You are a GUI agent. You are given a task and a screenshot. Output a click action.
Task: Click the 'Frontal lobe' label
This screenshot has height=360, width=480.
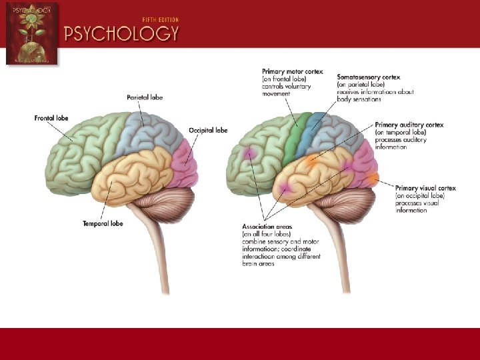pyautogui.click(x=51, y=118)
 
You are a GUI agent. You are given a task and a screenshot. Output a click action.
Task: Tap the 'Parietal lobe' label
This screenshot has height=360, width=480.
pyautogui.click(x=145, y=97)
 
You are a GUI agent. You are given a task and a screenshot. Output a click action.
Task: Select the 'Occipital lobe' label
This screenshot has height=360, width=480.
pyautogui.click(x=208, y=129)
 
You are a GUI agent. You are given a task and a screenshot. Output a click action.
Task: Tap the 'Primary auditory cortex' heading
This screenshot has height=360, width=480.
pyautogui.click(x=409, y=125)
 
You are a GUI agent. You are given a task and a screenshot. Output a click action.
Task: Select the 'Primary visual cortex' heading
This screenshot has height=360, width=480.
pyautogui.click(x=425, y=188)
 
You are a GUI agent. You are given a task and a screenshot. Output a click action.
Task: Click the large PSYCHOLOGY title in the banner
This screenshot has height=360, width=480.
pyautogui.click(x=121, y=33)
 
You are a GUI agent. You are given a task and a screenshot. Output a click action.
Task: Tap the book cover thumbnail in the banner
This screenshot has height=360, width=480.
pyautogui.click(x=31, y=33)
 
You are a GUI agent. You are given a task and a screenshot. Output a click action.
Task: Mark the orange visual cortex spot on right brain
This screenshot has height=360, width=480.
pyautogui.click(x=372, y=178)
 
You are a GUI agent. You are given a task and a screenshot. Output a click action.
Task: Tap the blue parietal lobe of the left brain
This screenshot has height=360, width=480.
pyautogui.click(x=148, y=130)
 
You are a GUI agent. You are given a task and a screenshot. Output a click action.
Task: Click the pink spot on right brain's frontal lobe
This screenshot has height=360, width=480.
pyautogui.click(x=251, y=153)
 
